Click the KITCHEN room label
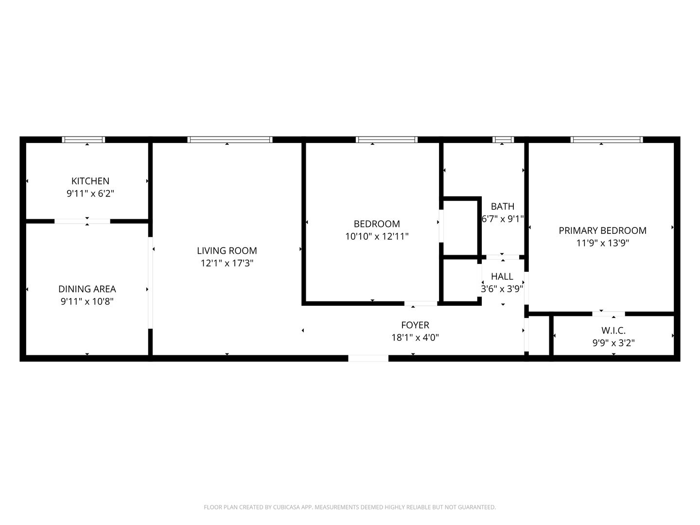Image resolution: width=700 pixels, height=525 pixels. pyautogui.click(x=90, y=181)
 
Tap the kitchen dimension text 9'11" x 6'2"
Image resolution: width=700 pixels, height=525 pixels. pyautogui.click(x=90, y=193)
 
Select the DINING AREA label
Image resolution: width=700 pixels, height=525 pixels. pyautogui.click(x=87, y=289)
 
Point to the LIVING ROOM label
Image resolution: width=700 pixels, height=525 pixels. pyautogui.click(x=227, y=251)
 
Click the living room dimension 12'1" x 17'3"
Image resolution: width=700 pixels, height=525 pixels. pyautogui.click(x=227, y=263)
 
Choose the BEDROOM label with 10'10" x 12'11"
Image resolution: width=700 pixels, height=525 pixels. pyautogui.click(x=377, y=224)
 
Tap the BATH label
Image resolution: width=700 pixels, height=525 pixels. pyautogui.click(x=502, y=207)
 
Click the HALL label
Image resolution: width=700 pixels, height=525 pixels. pyautogui.click(x=502, y=277)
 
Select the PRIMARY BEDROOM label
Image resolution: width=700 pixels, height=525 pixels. pyautogui.click(x=602, y=230)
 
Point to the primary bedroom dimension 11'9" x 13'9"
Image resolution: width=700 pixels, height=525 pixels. pyautogui.click(x=602, y=243)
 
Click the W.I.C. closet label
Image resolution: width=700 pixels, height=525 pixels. pyautogui.click(x=613, y=331)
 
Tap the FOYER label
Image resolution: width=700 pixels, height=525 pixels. pyautogui.click(x=415, y=325)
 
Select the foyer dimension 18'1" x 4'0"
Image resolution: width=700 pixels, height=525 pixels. pyautogui.click(x=415, y=337)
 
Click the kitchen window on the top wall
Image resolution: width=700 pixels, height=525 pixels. pyautogui.click(x=83, y=140)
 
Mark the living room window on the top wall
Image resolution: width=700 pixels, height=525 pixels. pyautogui.click(x=229, y=140)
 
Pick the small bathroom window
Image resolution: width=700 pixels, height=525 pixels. pyautogui.click(x=503, y=140)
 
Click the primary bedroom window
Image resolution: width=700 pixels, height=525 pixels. pyautogui.click(x=607, y=140)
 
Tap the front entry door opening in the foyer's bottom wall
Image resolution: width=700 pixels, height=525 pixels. pyautogui.click(x=368, y=358)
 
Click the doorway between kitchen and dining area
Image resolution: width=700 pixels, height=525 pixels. pyautogui.click(x=82, y=221)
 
